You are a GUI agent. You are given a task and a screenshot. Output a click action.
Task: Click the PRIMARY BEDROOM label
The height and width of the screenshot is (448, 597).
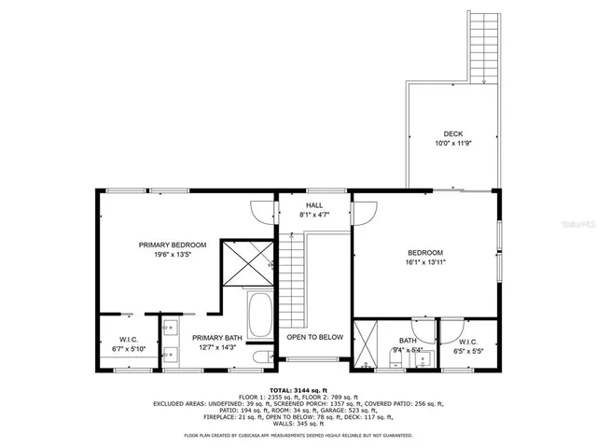point(172,245)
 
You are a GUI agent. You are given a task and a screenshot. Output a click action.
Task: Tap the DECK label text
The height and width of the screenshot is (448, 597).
point(452,133)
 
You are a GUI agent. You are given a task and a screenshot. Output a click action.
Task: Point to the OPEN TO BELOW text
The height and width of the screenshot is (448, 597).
point(314,337)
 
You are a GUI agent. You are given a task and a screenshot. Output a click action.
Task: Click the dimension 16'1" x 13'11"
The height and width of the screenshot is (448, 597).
point(424,263)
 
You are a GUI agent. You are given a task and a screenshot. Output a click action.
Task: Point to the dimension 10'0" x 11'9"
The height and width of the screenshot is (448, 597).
point(452,144)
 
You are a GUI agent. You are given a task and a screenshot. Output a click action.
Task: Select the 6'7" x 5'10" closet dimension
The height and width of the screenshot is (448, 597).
point(129,349)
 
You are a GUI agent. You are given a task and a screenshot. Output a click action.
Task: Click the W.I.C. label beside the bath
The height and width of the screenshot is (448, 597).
point(466,342)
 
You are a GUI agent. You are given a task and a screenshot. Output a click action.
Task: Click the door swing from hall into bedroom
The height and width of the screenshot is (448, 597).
point(365,213)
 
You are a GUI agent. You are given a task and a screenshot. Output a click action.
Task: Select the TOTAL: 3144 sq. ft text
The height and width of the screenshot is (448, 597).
point(298,390)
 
